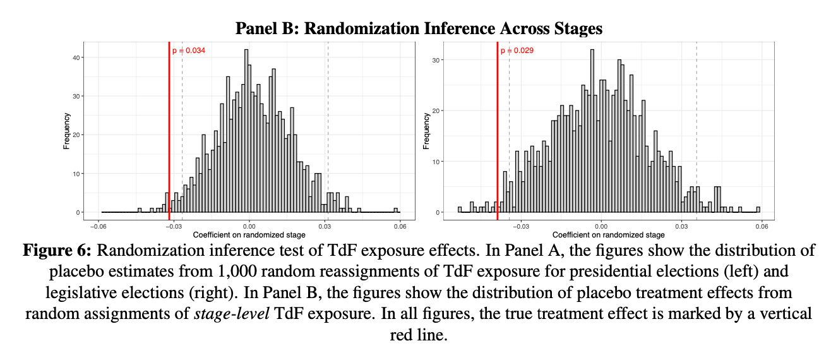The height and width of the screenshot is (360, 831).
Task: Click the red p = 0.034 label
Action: [189, 51]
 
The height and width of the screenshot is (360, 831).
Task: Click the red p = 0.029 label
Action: [517, 51]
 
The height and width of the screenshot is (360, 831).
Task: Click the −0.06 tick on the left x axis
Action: [98, 225]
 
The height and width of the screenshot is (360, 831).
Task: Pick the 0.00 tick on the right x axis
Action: [601, 225]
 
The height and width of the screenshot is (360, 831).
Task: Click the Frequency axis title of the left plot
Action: [66, 131]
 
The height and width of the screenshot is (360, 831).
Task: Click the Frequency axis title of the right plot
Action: [426, 131]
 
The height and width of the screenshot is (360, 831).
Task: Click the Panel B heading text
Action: [419, 28]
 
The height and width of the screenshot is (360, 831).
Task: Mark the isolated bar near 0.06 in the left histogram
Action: [396, 210]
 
